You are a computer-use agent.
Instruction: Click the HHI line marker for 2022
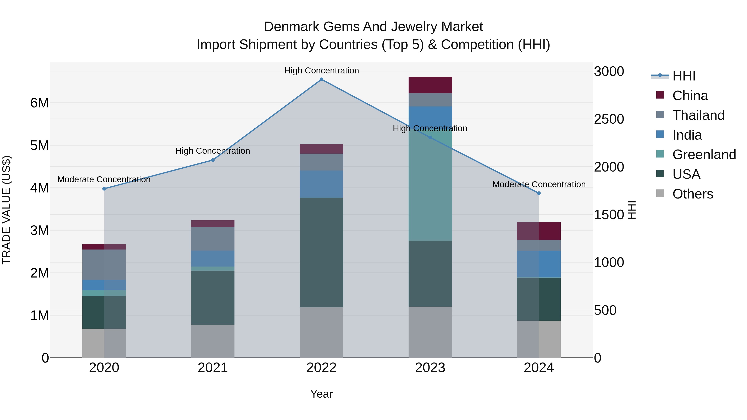click(321, 79)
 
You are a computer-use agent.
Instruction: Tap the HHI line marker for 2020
click(104, 189)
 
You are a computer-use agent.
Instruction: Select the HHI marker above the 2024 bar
click(539, 193)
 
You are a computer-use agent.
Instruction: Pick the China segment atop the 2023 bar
click(430, 85)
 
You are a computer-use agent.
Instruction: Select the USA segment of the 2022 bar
click(321, 252)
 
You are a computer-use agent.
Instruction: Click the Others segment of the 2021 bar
click(212, 341)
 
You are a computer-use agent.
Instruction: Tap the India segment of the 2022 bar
click(321, 184)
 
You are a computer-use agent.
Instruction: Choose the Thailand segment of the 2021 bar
click(212, 239)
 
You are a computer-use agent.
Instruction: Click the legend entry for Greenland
click(704, 155)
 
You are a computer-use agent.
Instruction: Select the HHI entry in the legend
click(684, 76)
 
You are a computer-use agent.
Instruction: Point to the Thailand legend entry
click(698, 115)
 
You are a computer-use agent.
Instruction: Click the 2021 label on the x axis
click(212, 368)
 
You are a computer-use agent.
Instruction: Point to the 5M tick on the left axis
click(39, 146)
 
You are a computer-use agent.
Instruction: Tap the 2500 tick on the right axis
click(609, 119)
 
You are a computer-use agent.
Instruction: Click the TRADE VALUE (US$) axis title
click(6, 210)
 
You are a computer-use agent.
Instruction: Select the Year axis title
click(321, 394)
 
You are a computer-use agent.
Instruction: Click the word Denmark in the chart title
click(292, 27)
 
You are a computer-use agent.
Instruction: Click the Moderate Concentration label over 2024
click(539, 184)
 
